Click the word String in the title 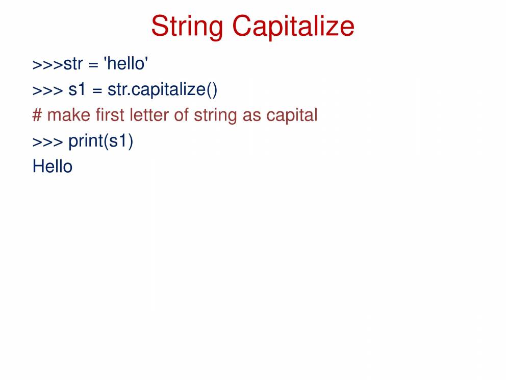tap(187, 27)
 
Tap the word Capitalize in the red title tap(293, 27)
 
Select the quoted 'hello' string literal tap(126, 63)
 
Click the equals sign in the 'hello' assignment tap(93, 65)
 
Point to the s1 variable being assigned tap(77, 89)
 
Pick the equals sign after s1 tap(97, 91)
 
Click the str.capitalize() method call tap(162, 90)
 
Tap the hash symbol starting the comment tap(37, 115)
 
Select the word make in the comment tap(69, 115)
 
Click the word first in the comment tap(110, 115)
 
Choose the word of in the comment tap(182, 115)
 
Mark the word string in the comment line tap(216, 116)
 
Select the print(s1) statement tap(100, 141)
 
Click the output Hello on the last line tap(53, 167)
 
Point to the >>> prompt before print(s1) tap(48, 142)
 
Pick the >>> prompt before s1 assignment tap(48, 91)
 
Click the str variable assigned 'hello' tap(73, 64)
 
